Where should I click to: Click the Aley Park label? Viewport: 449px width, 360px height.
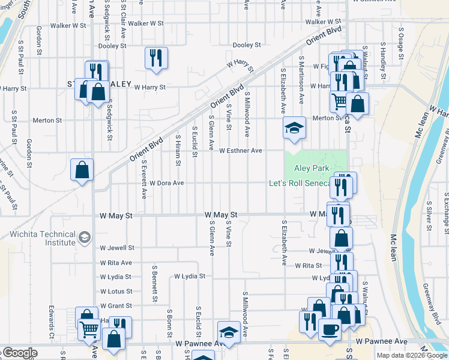312,169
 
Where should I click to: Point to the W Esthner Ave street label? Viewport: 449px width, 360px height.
241,151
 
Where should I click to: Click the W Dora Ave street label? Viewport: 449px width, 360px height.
166,183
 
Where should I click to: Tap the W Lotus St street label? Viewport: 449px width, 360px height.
116,291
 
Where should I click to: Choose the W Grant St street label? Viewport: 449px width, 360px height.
116,305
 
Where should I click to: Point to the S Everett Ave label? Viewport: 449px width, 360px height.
144,179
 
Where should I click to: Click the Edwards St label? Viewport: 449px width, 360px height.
52,323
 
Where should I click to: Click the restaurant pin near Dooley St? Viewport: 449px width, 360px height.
156,58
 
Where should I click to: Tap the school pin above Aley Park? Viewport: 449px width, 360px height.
294,128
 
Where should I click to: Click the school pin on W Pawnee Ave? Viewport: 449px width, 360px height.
229,332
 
